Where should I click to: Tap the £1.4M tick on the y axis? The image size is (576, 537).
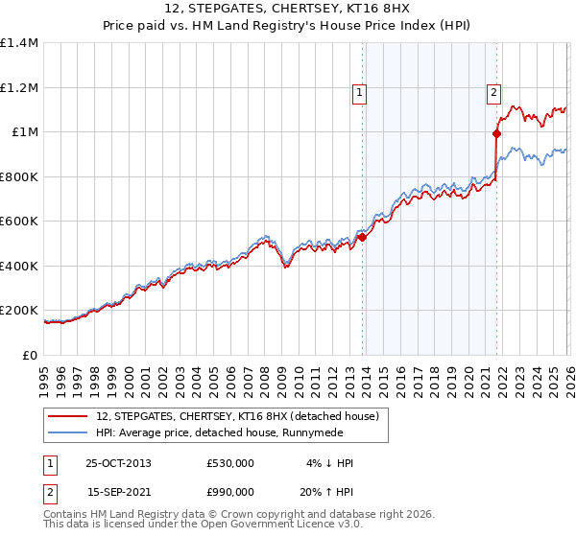click(x=20, y=43)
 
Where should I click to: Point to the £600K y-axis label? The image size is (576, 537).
click(x=19, y=222)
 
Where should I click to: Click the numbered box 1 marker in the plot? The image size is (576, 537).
click(x=359, y=93)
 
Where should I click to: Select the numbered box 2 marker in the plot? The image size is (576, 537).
click(x=493, y=93)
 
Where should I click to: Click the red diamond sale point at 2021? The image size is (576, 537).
click(x=496, y=134)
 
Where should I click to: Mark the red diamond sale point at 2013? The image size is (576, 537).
click(x=362, y=237)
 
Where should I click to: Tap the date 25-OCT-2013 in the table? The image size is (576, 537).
click(x=119, y=463)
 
